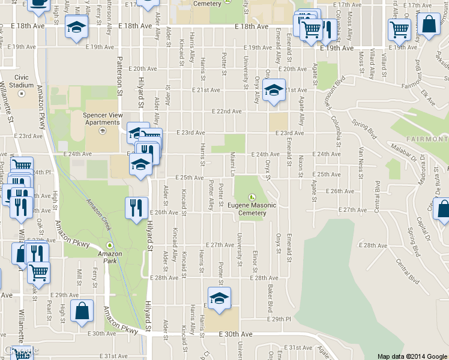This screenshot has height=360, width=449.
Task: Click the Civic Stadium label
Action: [22, 81]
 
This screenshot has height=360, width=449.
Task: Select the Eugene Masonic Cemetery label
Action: [252, 209]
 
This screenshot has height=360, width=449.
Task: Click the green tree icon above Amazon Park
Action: [109, 245]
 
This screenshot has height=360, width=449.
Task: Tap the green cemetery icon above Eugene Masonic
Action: [252, 197]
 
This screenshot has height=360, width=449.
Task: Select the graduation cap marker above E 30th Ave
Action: [219, 298]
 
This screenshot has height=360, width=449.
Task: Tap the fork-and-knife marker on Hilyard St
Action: [136, 208]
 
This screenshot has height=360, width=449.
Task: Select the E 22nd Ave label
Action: [227, 112]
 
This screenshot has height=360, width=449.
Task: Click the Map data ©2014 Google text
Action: [412, 356]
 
